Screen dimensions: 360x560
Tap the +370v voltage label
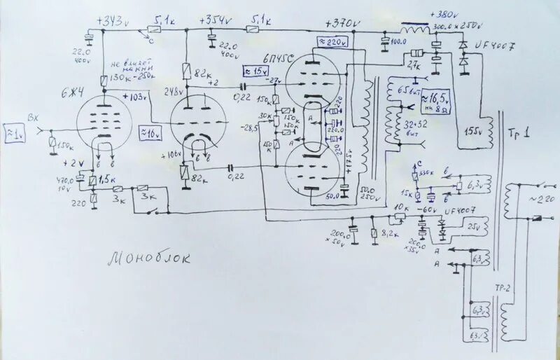click(x=342, y=23)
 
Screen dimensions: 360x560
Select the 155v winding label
click(x=475, y=130)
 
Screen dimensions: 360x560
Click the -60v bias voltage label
click(x=426, y=209)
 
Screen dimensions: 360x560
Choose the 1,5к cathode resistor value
click(x=107, y=179)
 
